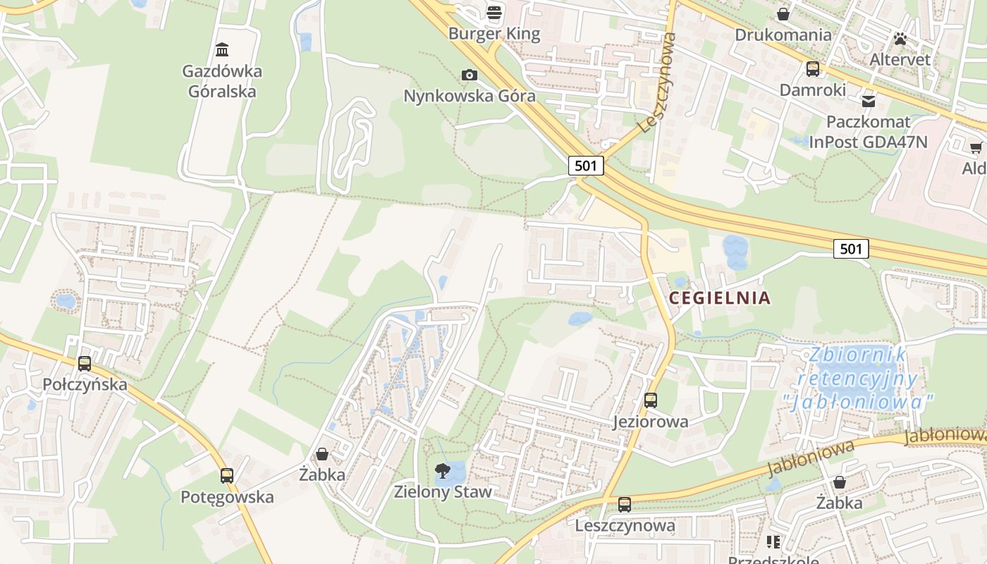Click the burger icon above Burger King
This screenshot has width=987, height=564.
click(494, 12)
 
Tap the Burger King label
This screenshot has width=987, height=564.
click(494, 34)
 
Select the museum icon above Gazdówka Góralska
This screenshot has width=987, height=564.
click(222, 49)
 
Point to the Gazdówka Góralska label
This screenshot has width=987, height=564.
click(222, 81)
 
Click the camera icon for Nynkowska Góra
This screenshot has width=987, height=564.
click(469, 75)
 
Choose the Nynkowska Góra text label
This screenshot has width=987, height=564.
click(470, 96)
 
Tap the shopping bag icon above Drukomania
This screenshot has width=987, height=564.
click(783, 14)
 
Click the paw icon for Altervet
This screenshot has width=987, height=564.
click(900, 39)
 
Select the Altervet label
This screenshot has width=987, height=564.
click(900, 59)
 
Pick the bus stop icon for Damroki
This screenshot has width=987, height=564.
click(813, 69)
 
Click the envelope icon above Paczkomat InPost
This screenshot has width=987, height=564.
click(868, 101)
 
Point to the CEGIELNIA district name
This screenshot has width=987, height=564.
click(720, 298)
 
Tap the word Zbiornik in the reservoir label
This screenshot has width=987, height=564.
click(858, 355)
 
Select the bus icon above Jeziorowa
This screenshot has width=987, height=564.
click(650, 400)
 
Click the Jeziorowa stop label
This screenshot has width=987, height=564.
click(650, 422)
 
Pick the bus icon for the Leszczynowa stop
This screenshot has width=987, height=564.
click(625, 505)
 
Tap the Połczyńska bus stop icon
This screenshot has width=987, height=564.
click(85, 364)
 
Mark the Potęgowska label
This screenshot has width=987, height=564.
click(227, 497)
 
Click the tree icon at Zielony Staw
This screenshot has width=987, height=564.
click(442, 470)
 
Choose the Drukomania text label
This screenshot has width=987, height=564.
click(783, 35)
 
